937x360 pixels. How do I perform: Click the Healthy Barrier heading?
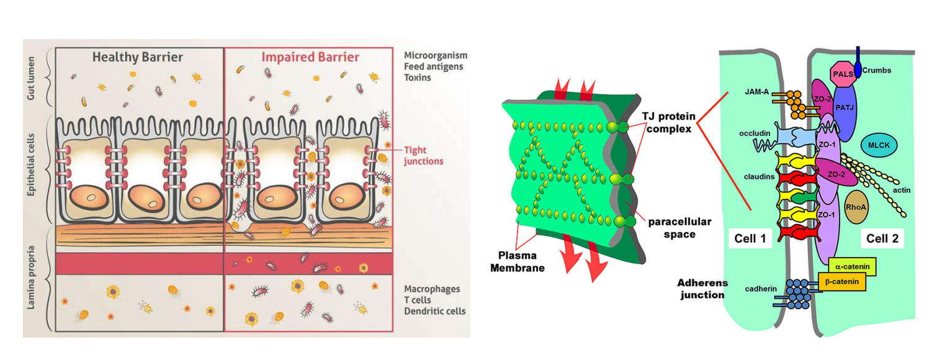click(138, 58)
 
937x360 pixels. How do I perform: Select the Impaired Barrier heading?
click(310, 58)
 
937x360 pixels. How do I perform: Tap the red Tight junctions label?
click(424, 156)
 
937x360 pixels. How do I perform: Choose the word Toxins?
click(418, 78)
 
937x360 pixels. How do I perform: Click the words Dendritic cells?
click(434, 311)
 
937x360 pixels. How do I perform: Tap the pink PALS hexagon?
click(843, 73)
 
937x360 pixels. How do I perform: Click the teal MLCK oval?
click(879, 145)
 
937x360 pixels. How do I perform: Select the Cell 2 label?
click(882, 237)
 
